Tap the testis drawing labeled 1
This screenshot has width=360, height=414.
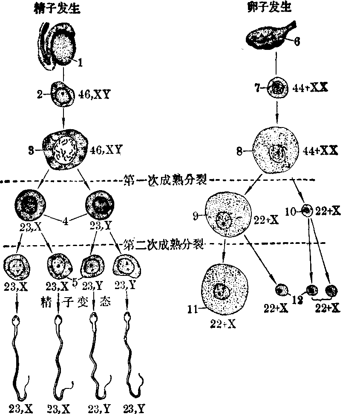63,46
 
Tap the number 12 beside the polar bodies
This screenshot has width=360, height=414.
298,299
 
